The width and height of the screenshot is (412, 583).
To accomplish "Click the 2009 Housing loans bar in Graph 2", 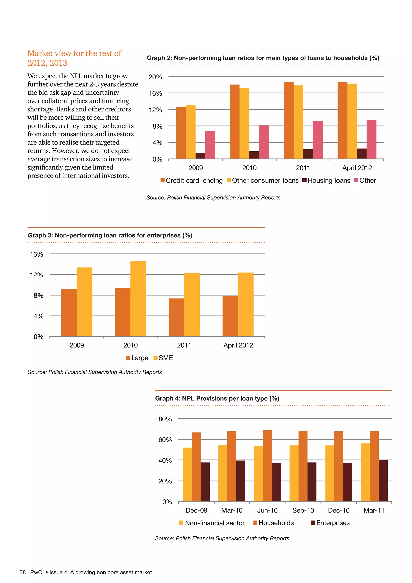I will [200, 156].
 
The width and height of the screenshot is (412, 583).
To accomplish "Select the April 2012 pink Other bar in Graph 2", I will [371, 139].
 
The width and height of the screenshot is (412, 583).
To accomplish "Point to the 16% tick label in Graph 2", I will [155, 93].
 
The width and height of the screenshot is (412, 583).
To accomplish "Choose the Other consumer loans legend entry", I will [263, 181].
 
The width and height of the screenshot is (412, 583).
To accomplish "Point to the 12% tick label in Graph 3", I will [37, 275].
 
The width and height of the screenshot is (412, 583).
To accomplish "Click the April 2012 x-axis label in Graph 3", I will [238, 345].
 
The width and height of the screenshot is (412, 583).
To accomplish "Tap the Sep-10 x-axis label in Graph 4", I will [303, 510].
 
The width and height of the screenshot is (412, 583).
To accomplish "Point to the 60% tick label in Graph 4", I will [165, 440].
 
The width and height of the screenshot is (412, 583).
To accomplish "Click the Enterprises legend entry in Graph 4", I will [330, 523].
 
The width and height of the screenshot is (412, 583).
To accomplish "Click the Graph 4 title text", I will [217, 398].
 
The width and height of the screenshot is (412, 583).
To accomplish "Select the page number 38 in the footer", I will [23, 572].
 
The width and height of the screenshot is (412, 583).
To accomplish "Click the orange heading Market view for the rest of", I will [74, 53].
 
